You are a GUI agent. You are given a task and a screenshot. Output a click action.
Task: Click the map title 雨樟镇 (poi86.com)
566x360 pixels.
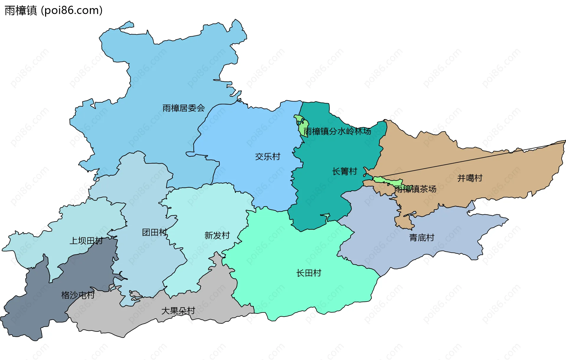(x=53, y=11)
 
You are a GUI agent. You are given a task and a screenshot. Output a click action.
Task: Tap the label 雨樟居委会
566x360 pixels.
(x=183, y=108)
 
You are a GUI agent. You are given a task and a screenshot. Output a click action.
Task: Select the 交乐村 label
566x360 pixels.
(x=267, y=157)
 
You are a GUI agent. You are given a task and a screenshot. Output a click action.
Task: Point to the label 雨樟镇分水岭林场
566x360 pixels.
(x=337, y=131)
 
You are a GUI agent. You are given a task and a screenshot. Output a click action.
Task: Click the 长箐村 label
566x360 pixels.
(x=344, y=171)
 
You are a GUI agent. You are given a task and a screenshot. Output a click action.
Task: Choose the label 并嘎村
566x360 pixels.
(x=470, y=178)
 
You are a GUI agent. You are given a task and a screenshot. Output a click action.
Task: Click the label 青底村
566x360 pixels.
(x=422, y=238)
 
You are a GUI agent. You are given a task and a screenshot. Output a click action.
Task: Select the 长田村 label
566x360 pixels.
(x=308, y=273)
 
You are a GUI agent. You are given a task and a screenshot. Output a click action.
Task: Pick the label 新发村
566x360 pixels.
(x=217, y=235)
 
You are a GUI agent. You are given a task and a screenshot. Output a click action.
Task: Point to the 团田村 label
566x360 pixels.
(x=154, y=232)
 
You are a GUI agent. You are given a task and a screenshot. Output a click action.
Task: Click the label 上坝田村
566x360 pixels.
(x=86, y=241)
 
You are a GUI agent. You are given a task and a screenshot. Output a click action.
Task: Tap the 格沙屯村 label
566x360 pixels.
(x=78, y=295)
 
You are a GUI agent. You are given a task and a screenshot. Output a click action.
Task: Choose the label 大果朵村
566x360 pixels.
(x=178, y=311)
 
